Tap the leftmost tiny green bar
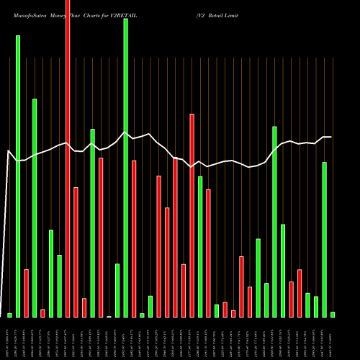click(x=9, y=315)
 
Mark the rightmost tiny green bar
click(x=333, y=314)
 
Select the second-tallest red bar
click(x=192, y=215)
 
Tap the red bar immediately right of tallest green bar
click(x=134, y=238)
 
